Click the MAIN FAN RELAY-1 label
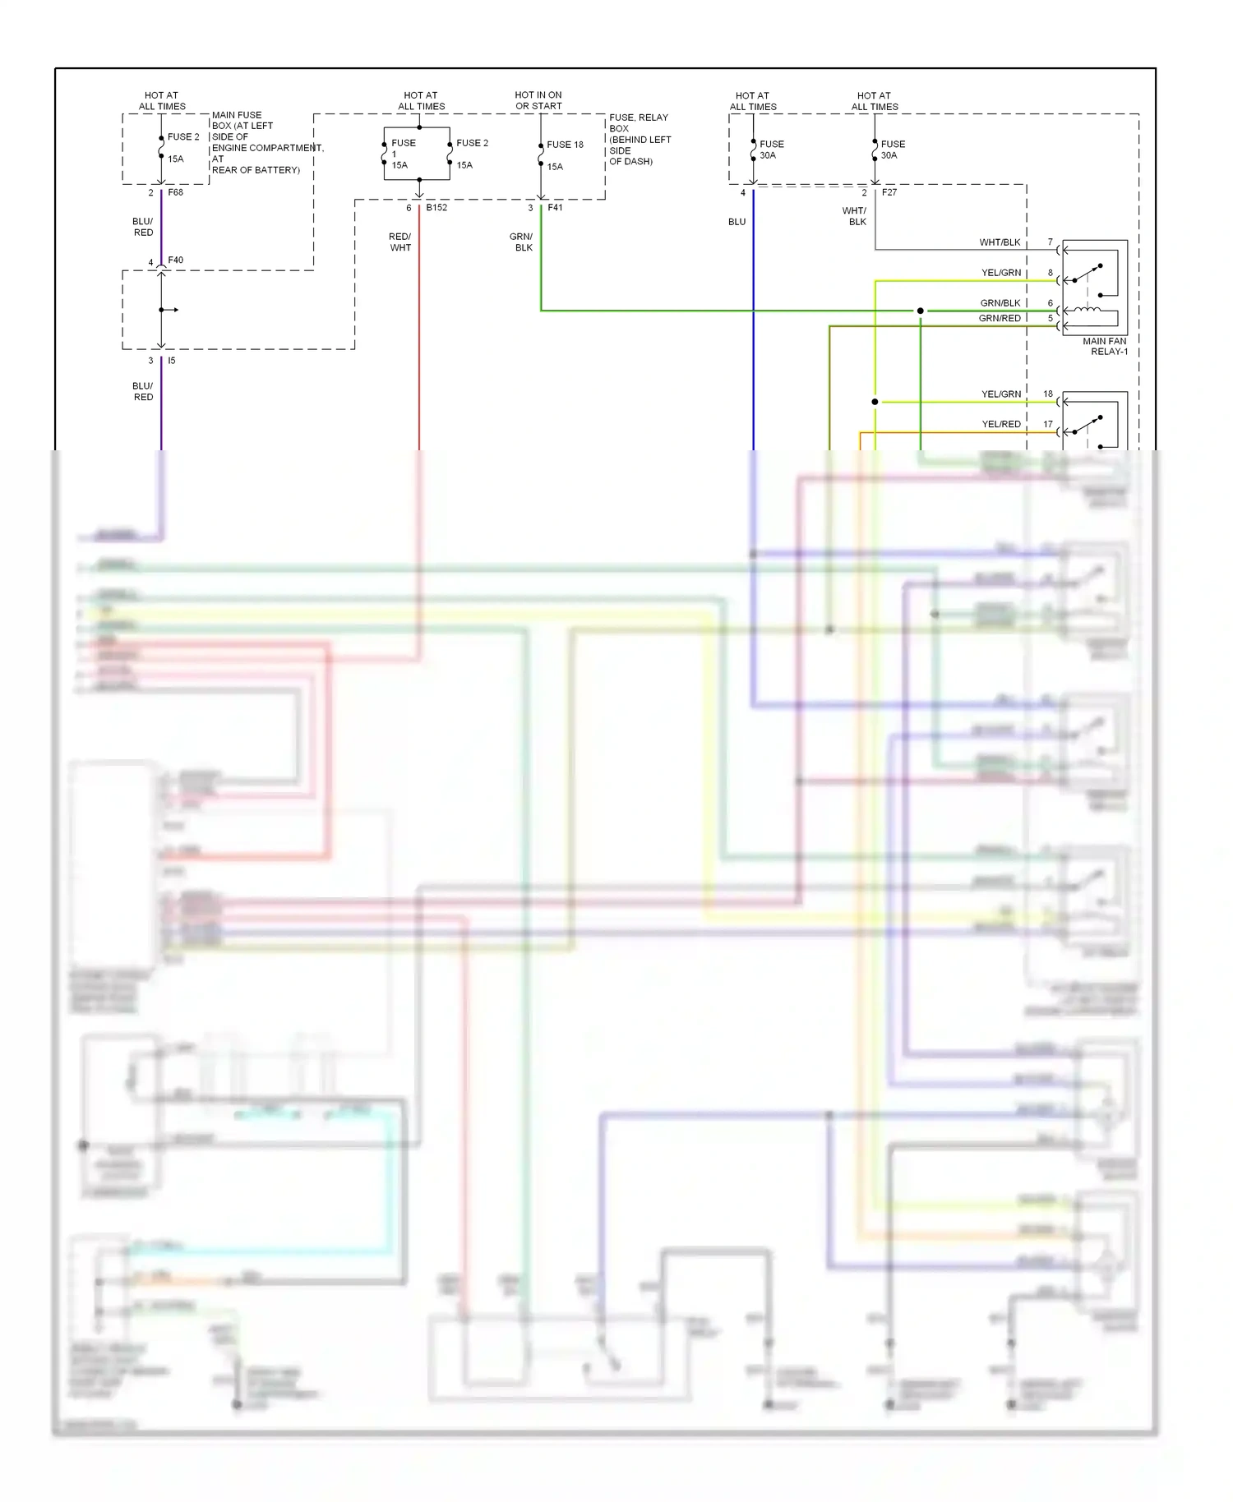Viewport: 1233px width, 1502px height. click(1105, 346)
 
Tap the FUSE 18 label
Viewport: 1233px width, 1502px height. click(565, 145)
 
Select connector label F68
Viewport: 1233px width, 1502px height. click(176, 192)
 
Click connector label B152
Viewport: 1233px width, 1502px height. click(436, 207)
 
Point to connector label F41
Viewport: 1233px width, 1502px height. click(556, 207)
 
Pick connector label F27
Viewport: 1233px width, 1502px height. click(889, 192)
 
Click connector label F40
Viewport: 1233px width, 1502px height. click(176, 260)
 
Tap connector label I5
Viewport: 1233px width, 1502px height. click(172, 360)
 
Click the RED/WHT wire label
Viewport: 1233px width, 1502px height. click(400, 242)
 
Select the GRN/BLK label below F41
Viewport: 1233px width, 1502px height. click(522, 242)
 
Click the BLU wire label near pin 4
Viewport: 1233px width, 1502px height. click(737, 222)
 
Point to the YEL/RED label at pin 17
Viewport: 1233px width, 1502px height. click(1001, 424)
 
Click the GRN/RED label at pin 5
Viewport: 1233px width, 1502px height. click(1000, 318)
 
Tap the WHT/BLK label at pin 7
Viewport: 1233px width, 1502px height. click(1000, 242)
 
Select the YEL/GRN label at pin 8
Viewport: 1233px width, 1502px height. click(1001, 273)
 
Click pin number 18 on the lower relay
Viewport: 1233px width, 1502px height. click(1048, 394)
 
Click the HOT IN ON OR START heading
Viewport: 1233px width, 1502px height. click(538, 100)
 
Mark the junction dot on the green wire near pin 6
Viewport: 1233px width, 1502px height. click(921, 311)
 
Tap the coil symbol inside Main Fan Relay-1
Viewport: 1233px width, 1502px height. click(1092, 310)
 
